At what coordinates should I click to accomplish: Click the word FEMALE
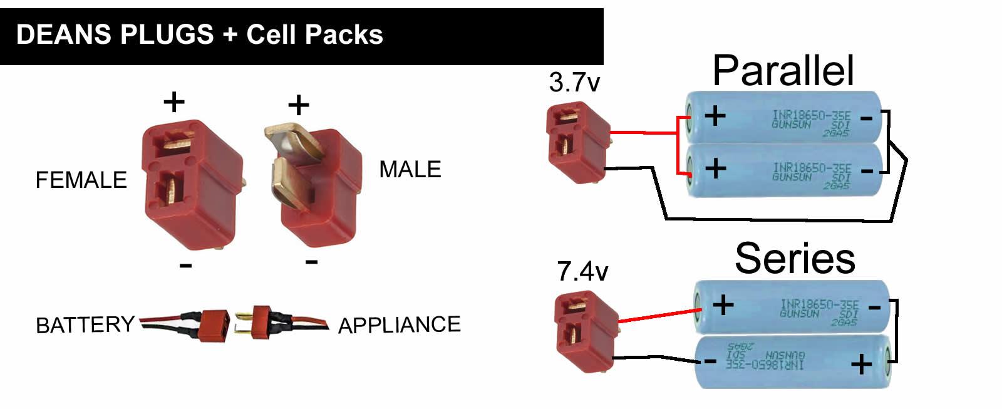coord(81,180)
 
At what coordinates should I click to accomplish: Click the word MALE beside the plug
coord(410,170)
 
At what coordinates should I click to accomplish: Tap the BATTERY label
coord(85,325)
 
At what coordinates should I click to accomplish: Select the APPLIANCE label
coord(399,325)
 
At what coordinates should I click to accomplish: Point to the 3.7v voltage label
coord(574,83)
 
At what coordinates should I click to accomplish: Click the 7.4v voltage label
coord(582,272)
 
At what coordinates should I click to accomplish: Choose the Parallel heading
coord(783,70)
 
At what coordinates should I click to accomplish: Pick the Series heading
coord(795,258)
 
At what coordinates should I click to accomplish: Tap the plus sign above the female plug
coord(174,101)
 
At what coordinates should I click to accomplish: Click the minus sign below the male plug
coord(311,261)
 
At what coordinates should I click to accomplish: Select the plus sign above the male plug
coord(299,105)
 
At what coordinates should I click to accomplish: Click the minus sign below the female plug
coord(185,266)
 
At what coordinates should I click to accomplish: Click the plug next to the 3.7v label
coord(577,143)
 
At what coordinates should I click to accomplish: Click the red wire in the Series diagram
coord(658,316)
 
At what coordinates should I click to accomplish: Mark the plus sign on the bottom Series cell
coord(861,364)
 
